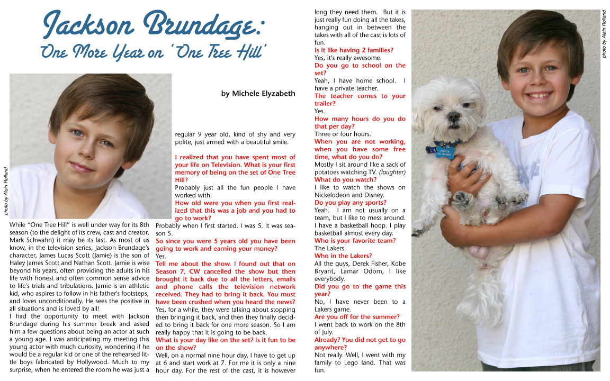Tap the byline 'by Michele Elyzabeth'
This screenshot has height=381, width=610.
(258, 94)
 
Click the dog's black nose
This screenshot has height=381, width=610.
(452, 115)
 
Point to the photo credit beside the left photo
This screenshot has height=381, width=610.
(6, 190)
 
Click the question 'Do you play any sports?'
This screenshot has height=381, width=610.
(350, 203)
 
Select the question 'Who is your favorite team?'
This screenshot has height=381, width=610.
(355, 241)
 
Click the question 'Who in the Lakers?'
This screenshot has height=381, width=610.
(343, 256)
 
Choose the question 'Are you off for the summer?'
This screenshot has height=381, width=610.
(357, 317)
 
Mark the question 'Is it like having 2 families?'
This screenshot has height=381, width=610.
(354, 50)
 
